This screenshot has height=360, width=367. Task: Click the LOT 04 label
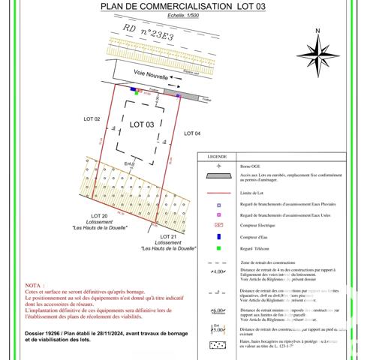(x=192, y=133)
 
